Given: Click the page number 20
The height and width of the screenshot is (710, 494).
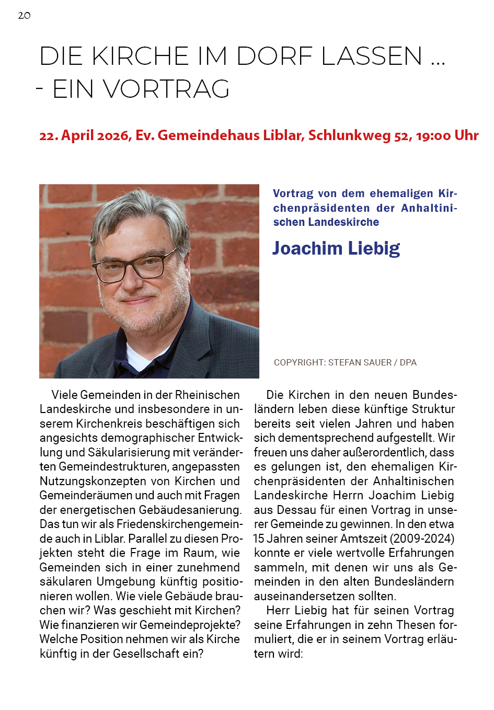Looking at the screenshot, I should coord(24,16).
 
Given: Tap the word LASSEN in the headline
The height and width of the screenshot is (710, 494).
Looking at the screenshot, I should coord(372,56).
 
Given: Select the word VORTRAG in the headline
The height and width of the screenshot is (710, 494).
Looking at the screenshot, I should coord(166,89).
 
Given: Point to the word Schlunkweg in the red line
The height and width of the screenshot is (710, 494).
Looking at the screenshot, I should coord(349,135).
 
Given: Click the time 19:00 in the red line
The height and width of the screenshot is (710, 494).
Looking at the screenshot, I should coord(433,135).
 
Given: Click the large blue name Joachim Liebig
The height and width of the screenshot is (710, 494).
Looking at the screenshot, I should coord(336,248).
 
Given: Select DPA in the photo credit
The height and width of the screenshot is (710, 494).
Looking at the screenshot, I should coord(408,362).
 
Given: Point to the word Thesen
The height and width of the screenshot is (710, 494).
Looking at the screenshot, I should coord(416,625).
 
